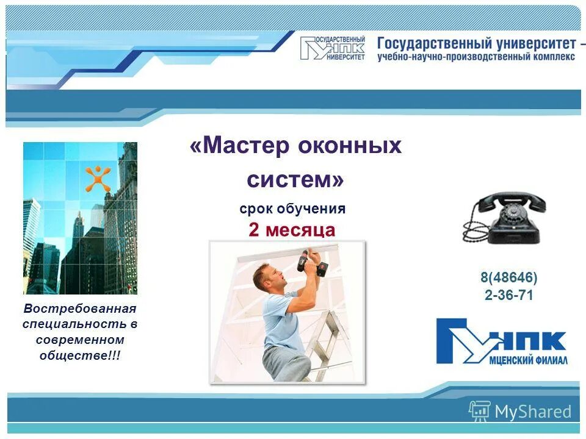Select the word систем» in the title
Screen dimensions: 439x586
(295, 180)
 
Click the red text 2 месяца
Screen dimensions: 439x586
(292, 230)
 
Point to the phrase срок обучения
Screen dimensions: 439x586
(292, 209)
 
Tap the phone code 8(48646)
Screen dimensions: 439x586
(508, 278)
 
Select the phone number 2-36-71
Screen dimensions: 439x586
(508, 296)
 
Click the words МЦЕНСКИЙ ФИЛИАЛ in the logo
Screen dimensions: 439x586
(529, 360)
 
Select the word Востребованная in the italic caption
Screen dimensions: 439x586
(80, 309)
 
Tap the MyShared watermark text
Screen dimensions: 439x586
(532, 412)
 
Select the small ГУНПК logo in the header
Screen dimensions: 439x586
(333, 48)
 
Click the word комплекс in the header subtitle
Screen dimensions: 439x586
(553, 57)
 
